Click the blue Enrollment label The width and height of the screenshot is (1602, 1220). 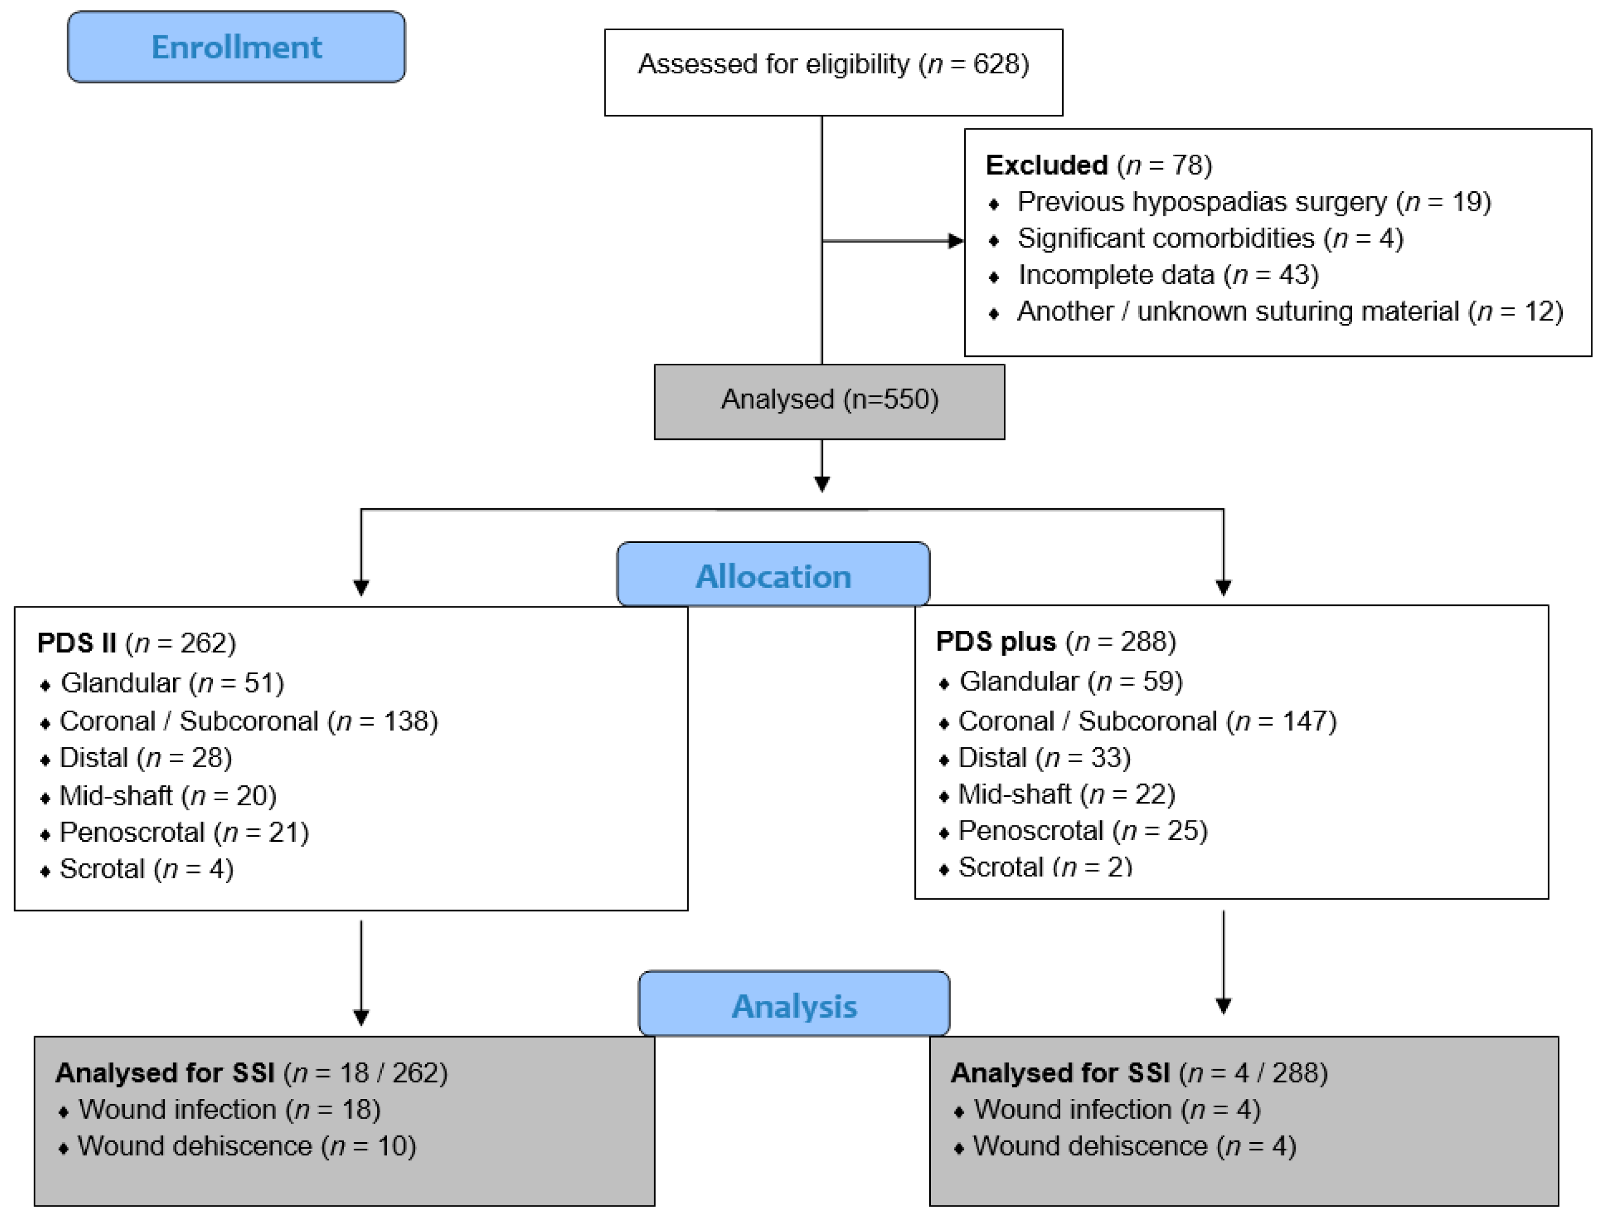click(236, 47)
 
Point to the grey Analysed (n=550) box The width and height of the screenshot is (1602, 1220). click(829, 400)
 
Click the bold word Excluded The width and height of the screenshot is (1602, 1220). click(1046, 165)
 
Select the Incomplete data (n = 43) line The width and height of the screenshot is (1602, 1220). click(1167, 275)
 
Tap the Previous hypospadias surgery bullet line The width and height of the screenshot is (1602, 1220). click(1253, 202)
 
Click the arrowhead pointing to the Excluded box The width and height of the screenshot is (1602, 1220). click(956, 241)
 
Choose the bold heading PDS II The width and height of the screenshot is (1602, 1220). click(76, 643)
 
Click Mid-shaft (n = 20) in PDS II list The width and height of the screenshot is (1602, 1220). click(167, 796)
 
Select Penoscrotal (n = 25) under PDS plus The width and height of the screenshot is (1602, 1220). click(1082, 831)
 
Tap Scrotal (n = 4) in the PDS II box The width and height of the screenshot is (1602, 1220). click(146, 869)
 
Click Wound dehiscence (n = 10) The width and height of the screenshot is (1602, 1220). click(246, 1146)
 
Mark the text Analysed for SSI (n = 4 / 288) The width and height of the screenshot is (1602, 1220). click(1138, 1073)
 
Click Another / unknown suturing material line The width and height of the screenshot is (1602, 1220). click(1289, 312)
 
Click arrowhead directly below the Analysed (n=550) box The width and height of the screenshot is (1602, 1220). click(822, 484)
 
